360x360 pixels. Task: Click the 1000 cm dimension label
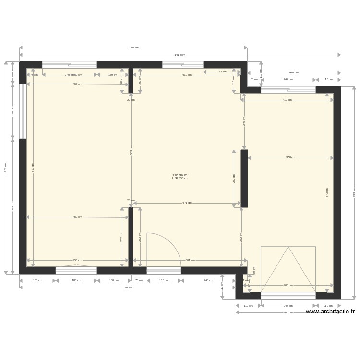coord(133,48)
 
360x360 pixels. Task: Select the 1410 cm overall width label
coord(180,55)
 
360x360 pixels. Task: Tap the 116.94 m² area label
coord(180,175)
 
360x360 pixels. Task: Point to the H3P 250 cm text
coord(180,179)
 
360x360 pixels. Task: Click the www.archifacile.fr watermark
coord(330,312)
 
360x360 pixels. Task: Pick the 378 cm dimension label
coord(290,157)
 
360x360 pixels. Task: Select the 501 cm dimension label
coord(190,260)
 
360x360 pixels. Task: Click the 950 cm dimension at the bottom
coord(127,288)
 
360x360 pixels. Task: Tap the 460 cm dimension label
coord(288,312)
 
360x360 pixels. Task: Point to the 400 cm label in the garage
coord(288,285)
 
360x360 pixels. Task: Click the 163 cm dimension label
coord(222,72)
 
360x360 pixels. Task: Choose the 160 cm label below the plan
coord(37,280)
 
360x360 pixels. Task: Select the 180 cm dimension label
coord(76,280)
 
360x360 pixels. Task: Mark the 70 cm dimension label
coord(139,280)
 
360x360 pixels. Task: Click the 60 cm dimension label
coord(254,80)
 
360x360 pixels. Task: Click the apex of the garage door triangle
coord(288,247)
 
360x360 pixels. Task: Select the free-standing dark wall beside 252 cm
coord(244,179)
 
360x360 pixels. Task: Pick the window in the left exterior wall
coord(23,111)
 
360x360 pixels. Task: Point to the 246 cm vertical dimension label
coord(244,121)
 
